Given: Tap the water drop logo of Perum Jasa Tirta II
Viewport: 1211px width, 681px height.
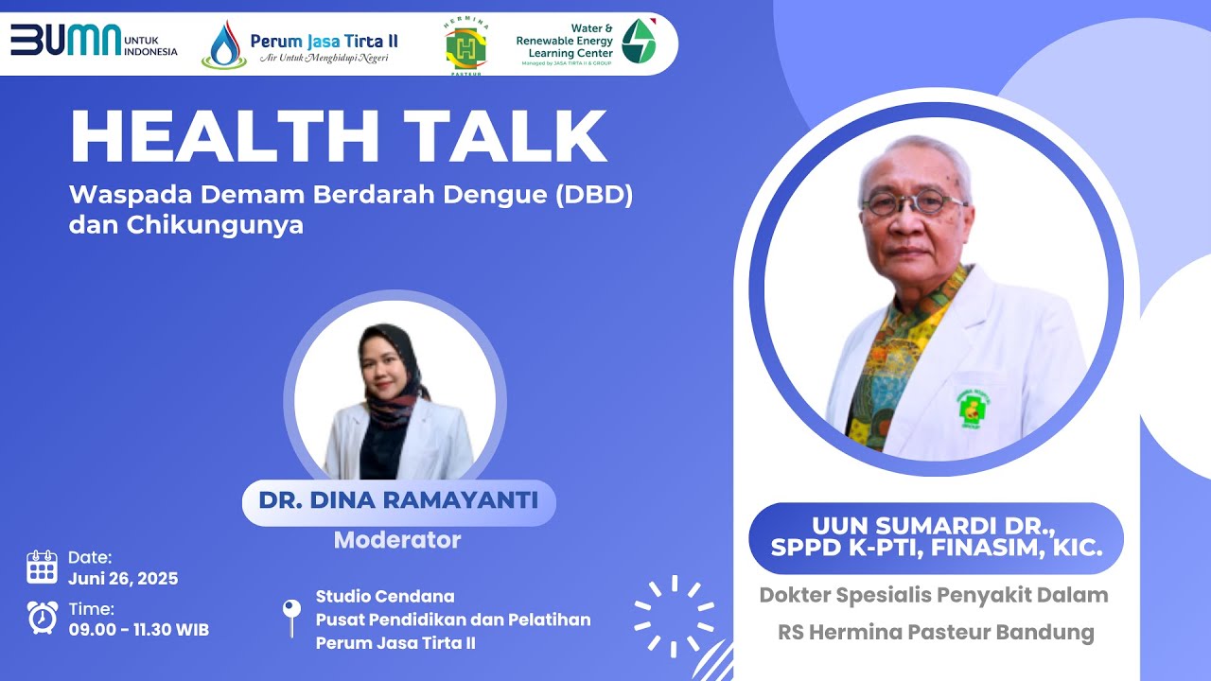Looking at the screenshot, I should (x=224, y=46).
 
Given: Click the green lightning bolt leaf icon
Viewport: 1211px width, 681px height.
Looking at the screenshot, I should (x=639, y=41).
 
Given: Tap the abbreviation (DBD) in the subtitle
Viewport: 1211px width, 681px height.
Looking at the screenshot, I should (x=593, y=197).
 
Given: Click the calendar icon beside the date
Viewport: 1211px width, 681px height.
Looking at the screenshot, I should (x=43, y=567).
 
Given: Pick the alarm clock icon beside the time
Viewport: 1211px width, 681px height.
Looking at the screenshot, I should (x=43, y=617).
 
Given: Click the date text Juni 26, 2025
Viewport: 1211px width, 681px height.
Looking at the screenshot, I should (x=123, y=578).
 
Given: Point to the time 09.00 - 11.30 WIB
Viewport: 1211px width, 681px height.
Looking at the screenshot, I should (x=138, y=629).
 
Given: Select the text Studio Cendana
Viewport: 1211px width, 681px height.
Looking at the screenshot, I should (x=385, y=597).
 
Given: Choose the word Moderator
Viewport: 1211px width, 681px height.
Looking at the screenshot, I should (x=397, y=540).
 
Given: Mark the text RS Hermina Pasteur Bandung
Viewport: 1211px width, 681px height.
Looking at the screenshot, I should (x=936, y=632).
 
